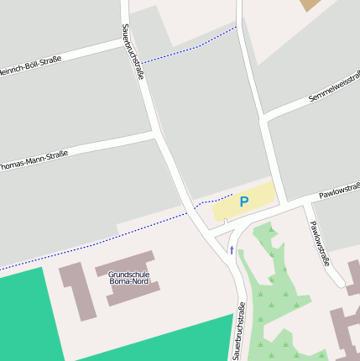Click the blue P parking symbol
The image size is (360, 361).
tap(244, 201)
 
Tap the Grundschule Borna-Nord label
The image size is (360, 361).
tap(129, 279)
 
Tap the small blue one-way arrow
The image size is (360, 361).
tap(232, 250)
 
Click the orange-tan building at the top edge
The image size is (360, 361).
tap(310, 4)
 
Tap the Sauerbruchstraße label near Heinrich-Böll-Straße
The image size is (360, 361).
tap(133, 52)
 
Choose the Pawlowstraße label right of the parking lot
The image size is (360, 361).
tap(339, 191)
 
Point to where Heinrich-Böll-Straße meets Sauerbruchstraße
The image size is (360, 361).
tap(129, 40)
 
